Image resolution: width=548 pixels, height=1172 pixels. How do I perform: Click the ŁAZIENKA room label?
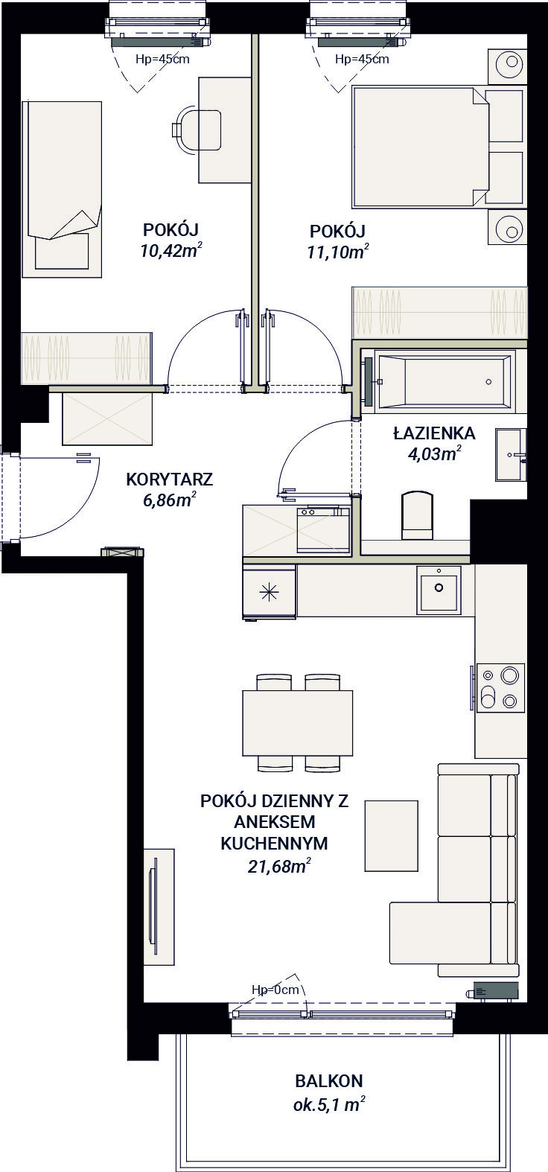click(434, 432)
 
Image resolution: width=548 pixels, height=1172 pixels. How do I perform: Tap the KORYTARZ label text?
click(170, 480)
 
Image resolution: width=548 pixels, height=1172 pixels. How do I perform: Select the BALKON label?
click(328, 1080)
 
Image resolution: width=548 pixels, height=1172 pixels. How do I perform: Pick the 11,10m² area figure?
click(337, 252)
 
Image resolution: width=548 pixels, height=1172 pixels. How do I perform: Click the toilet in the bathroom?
click(417, 515)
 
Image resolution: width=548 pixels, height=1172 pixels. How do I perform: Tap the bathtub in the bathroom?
click(445, 382)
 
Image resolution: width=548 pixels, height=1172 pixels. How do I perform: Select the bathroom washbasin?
click(511, 455)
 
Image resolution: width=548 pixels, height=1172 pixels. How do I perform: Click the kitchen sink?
click(439, 589)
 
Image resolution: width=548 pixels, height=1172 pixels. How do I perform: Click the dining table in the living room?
click(297, 722)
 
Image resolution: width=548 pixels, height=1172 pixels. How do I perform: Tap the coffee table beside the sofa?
click(392, 835)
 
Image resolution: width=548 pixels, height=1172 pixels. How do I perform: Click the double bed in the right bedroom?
click(421, 146)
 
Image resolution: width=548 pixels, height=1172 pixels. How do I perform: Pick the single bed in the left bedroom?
click(61, 189)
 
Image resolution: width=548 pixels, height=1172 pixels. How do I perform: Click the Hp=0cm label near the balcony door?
click(275, 990)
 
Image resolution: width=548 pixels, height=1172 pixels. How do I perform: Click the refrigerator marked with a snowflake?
click(269, 591)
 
